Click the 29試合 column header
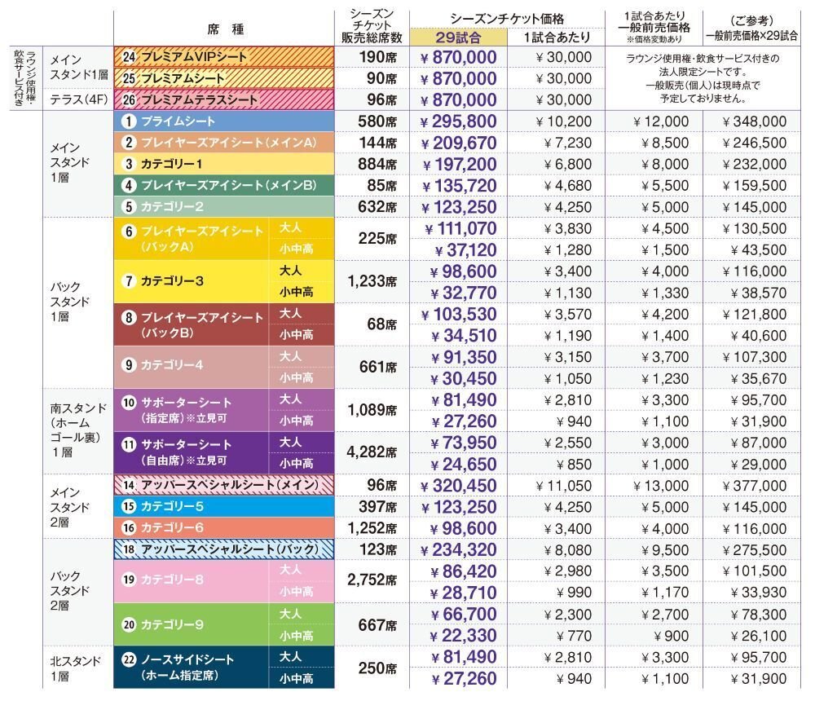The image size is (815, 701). click(459, 37)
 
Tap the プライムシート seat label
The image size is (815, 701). click(178, 121)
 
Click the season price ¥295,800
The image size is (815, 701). click(459, 121)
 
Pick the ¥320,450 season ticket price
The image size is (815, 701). click(459, 486)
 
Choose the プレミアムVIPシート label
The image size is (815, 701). click(192, 57)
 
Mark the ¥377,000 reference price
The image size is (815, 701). click(756, 486)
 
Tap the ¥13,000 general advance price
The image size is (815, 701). click(661, 486)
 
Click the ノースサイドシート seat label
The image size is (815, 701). click(187, 659)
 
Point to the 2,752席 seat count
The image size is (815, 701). click(370, 580)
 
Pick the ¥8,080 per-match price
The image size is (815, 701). click(562, 549)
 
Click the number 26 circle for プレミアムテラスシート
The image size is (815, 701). click(129, 99)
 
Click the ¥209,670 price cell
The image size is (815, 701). click(459, 143)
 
